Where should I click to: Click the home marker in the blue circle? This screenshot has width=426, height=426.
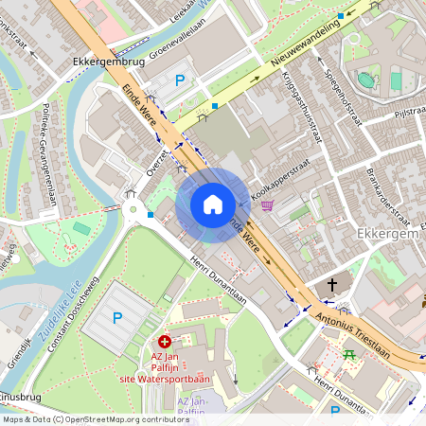pyautogui.click(x=213, y=204)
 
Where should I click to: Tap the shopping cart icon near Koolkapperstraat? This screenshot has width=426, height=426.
pyautogui.click(x=268, y=204)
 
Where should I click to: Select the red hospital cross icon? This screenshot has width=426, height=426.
pyautogui.click(x=166, y=340)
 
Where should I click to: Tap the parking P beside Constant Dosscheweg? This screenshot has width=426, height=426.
pyautogui.click(x=117, y=320)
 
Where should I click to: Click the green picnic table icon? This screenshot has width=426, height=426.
pyautogui.click(x=350, y=355)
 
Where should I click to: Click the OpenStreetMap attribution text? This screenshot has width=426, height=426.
pyautogui.click(x=82, y=418)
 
